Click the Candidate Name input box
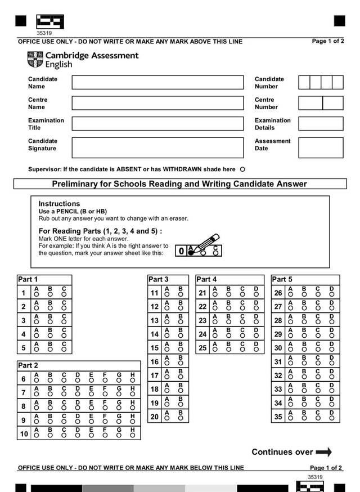(157, 83)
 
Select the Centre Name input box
(157, 103)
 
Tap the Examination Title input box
(157, 124)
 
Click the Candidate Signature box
(157, 147)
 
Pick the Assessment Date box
(321, 147)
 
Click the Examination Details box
(321, 124)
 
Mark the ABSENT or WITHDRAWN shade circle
(242, 169)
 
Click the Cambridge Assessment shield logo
(35, 59)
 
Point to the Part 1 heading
(28, 279)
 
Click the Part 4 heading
(206, 279)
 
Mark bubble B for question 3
(50, 323)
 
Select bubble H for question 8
(133, 408)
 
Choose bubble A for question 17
(167, 377)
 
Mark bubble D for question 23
(256, 323)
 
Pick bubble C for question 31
(318, 364)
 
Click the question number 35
(278, 417)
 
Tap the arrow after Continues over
(324, 452)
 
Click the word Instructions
(59, 204)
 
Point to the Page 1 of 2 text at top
(328, 41)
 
